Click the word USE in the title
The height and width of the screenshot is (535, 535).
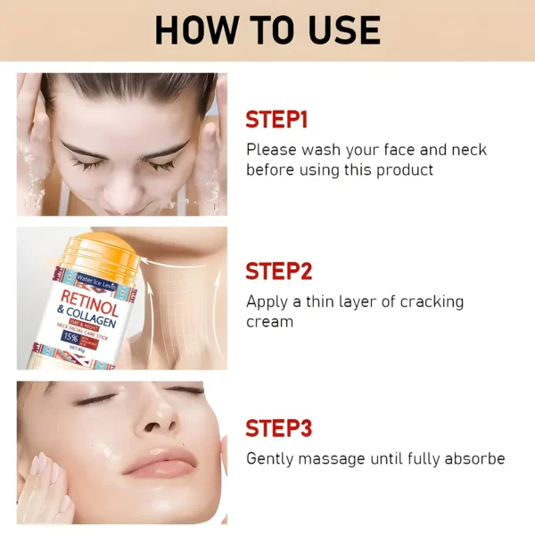click(x=337, y=30)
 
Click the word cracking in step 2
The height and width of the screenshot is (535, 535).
click(x=432, y=301)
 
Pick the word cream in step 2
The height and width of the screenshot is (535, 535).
click(x=269, y=321)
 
